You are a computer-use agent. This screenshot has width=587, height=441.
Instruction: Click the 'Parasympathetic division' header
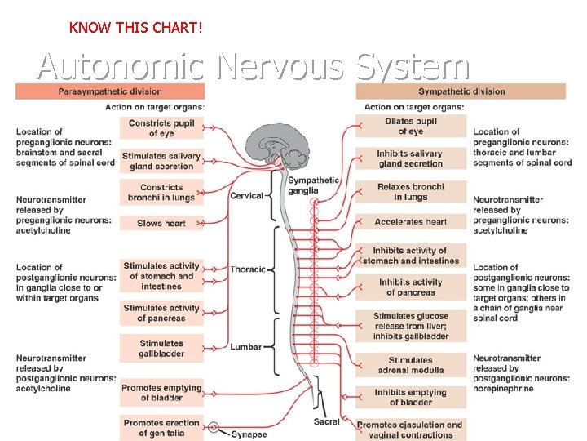point(110,91)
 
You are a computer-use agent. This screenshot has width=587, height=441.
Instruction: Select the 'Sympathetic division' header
point(461,91)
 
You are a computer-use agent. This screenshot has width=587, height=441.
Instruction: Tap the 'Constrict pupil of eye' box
point(161,127)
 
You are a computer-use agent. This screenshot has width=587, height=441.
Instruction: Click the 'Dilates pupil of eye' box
point(411,127)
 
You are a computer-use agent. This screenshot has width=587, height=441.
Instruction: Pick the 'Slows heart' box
point(161,223)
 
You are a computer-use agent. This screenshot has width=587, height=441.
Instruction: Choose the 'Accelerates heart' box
point(411,221)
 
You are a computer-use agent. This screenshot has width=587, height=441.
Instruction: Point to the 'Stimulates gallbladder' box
point(161,349)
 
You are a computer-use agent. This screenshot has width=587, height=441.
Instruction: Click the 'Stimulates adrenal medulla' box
point(411,365)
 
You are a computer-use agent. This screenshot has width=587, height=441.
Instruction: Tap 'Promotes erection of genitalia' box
point(161,427)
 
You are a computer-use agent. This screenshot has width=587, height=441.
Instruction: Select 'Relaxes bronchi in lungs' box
point(411,192)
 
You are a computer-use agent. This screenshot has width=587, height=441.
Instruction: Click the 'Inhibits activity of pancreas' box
point(411,287)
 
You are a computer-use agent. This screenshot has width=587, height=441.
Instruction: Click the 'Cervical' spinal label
point(247,196)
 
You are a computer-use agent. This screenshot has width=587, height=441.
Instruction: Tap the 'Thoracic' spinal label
point(248,269)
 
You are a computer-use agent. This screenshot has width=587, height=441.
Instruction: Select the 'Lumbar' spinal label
point(246,347)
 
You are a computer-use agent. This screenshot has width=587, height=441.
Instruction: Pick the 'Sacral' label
point(326,422)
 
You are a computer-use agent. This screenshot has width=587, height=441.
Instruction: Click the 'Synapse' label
point(249,434)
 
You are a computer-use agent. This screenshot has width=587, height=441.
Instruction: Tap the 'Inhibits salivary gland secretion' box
point(411,158)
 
